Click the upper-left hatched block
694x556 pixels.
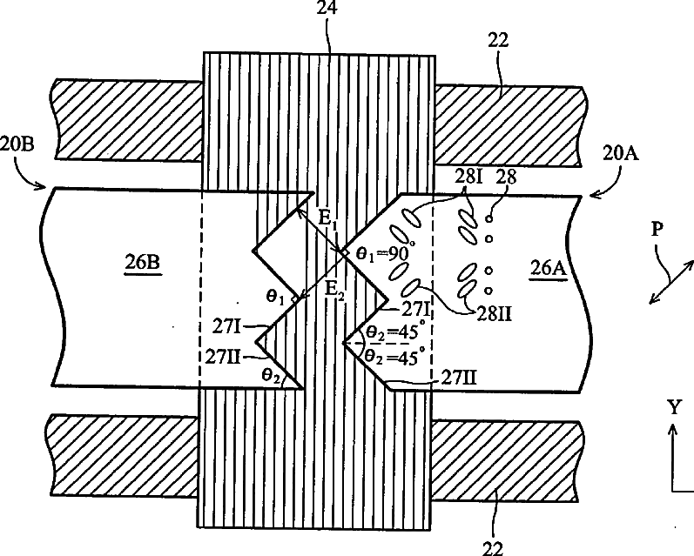129,119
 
